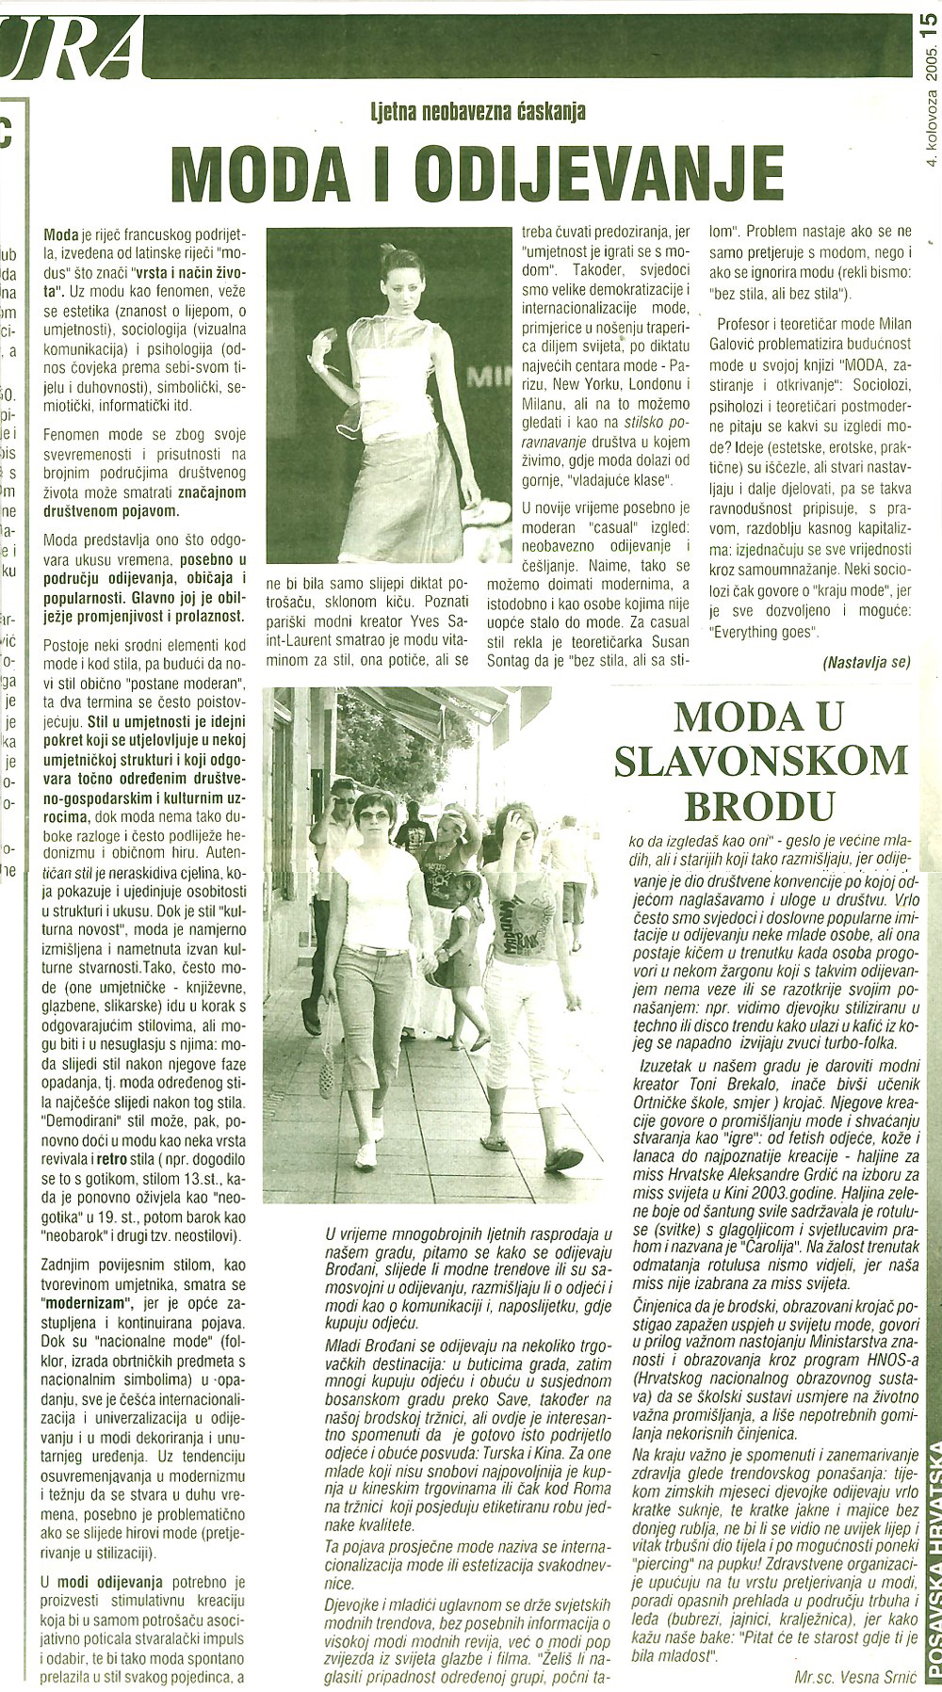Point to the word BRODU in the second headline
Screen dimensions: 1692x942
pos(761,805)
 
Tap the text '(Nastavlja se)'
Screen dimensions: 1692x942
pos(867,662)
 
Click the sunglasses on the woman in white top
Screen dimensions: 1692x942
pos(374,815)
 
